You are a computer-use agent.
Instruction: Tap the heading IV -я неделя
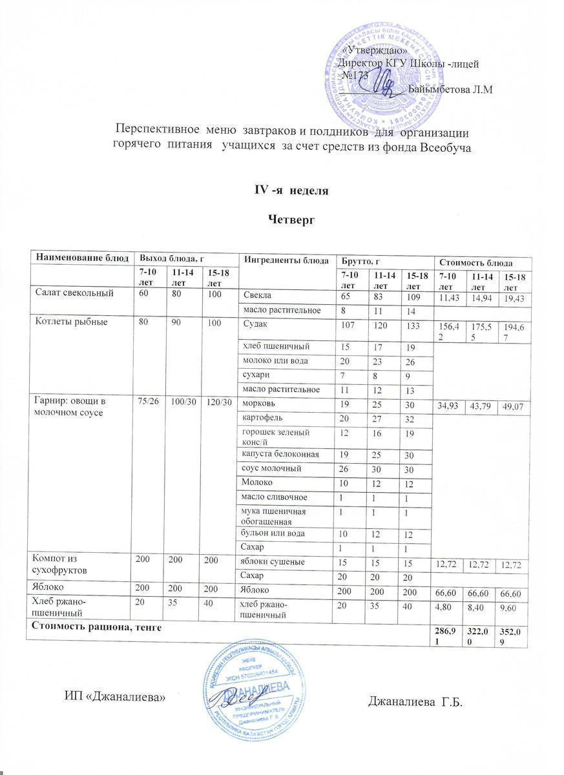291,191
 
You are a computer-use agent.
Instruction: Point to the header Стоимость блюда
476,262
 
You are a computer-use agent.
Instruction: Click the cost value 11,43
450,298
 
